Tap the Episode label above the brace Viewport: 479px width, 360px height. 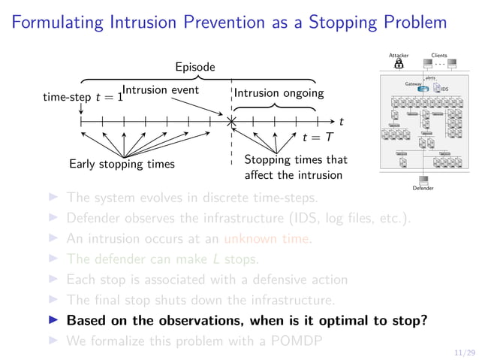click(195, 67)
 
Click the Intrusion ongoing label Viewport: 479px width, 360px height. click(279, 93)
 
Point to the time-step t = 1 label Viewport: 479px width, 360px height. click(82, 97)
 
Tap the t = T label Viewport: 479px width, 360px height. click(316, 138)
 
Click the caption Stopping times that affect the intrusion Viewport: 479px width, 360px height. click(296, 168)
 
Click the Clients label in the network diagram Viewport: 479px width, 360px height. click(439, 55)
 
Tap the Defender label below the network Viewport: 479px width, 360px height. click(423, 189)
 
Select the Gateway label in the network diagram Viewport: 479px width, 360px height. click(413, 84)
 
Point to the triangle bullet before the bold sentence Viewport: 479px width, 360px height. click(53, 319)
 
